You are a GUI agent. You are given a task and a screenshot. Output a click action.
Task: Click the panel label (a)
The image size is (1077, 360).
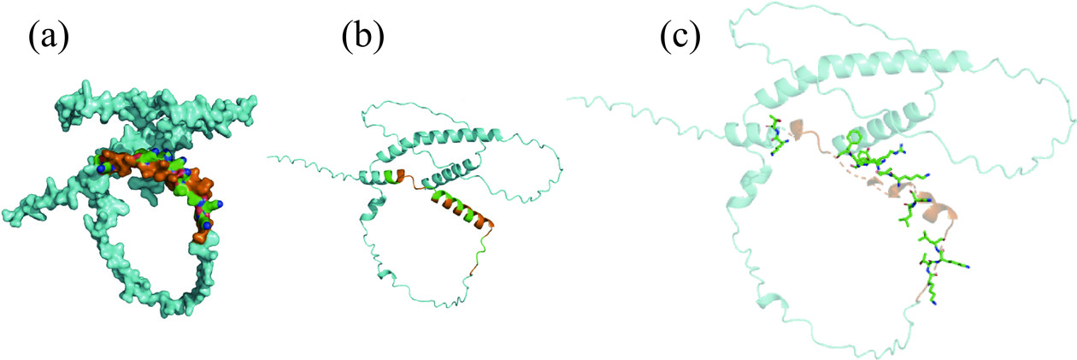48,38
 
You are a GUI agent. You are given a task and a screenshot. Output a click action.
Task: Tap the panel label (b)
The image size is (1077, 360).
363,38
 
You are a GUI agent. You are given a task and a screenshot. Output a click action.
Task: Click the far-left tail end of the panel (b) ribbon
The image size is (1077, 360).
268,157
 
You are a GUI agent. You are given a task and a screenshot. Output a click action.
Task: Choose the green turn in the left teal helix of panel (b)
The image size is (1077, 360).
393,177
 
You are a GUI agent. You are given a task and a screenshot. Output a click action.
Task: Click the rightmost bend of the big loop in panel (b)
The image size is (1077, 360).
562,169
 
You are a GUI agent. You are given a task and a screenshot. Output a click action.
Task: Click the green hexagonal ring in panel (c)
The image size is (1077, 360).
851,139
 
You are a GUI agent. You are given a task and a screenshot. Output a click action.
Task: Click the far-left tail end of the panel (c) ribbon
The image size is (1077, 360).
569,98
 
